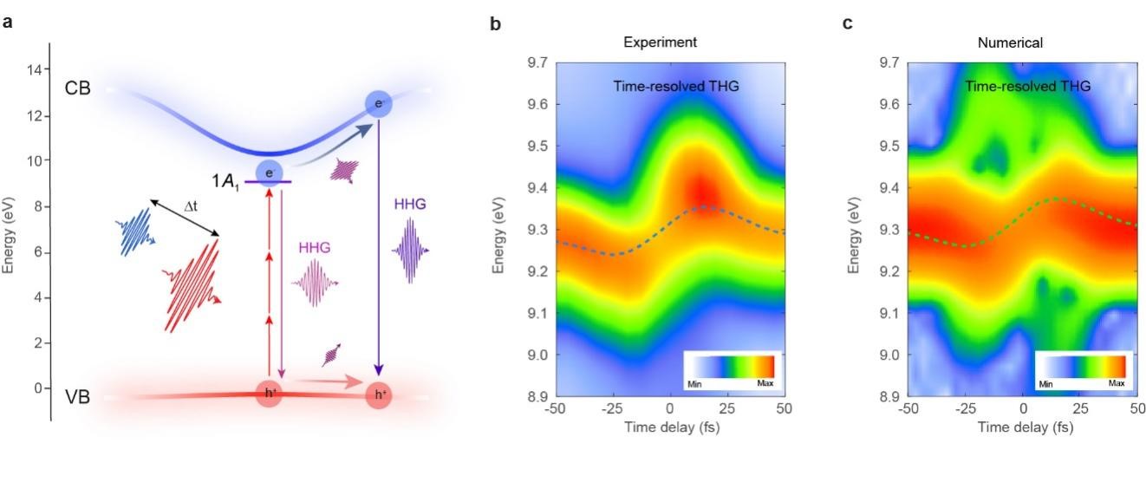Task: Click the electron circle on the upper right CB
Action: pos(378,104)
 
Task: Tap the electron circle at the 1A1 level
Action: pos(270,172)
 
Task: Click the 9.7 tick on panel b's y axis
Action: pos(537,63)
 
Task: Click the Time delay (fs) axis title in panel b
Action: pos(669,427)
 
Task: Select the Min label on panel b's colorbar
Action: pos(694,382)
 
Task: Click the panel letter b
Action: pos(496,23)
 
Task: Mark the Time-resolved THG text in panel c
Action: pos(1027,86)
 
